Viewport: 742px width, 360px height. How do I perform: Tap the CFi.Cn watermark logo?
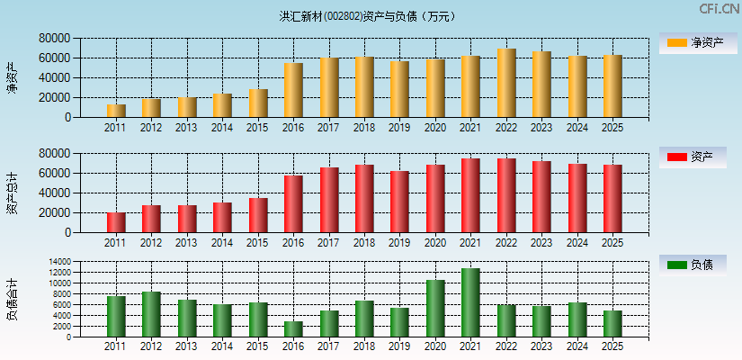pyautogui.click(x=719, y=9)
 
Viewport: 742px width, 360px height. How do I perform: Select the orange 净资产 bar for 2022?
pyautogui.click(x=506, y=83)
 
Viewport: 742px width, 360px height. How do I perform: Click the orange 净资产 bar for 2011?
pyautogui.click(x=116, y=111)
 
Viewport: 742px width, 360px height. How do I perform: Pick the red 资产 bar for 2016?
pyautogui.click(x=293, y=203)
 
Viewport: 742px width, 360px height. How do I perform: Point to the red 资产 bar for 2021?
pyautogui.click(x=470, y=195)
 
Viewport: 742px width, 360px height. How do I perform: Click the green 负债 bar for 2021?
pyautogui.click(x=470, y=302)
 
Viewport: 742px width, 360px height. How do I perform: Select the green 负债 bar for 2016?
pyautogui.click(x=293, y=329)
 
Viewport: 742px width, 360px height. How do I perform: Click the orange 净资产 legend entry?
pyautogui.click(x=693, y=42)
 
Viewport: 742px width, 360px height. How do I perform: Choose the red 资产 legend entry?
pyautogui.click(x=693, y=157)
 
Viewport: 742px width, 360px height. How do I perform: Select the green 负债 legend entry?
pyautogui.click(x=693, y=265)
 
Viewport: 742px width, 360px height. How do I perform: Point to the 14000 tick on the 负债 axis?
pyautogui.click(x=59, y=262)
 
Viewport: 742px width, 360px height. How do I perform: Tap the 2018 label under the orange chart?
pyautogui.click(x=363, y=128)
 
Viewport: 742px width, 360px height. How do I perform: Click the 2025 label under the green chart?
pyautogui.click(x=612, y=346)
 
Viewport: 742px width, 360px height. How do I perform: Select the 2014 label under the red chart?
pyautogui.click(x=222, y=243)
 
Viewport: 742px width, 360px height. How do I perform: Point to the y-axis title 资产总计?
pyautogui.click(x=12, y=193)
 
